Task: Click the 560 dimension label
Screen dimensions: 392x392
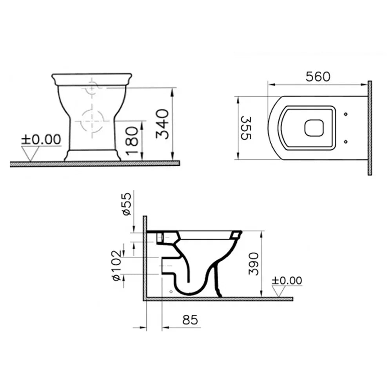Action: [x=318, y=77]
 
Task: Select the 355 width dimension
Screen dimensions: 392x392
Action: [x=245, y=128]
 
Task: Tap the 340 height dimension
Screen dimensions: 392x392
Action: [x=162, y=124]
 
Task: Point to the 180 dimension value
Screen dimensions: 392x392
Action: [x=132, y=141]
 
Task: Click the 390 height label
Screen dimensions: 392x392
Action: [x=254, y=264]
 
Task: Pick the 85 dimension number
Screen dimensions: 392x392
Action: [x=190, y=320]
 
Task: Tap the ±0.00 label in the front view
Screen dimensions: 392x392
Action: [x=41, y=140]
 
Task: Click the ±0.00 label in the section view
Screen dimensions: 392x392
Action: [x=287, y=280]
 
